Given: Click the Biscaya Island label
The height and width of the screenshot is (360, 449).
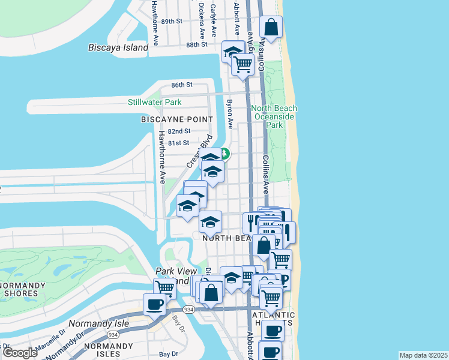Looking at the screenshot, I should [x=118, y=47].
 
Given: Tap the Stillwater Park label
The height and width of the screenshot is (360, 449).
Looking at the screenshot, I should [x=154, y=102].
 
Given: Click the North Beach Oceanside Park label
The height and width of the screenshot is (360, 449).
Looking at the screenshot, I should [x=274, y=116].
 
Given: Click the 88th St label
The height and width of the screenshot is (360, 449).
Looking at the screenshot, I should [x=196, y=44].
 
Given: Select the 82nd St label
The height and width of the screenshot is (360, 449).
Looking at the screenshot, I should [x=179, y=131].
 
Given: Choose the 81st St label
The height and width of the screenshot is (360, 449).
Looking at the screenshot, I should [x=178, y=143].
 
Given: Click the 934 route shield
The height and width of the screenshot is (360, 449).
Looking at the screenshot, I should [x=188, y=309].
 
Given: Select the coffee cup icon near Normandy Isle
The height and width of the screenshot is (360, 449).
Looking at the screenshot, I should [x=154, y=304].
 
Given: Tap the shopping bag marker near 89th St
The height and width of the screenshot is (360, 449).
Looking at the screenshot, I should [x=271, y=28].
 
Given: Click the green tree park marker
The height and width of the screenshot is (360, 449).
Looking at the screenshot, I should [x=225, y=154].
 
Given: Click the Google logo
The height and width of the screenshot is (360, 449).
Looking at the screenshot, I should [x=20, y=353].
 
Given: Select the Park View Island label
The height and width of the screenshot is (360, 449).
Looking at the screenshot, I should [x=176, y=276].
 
